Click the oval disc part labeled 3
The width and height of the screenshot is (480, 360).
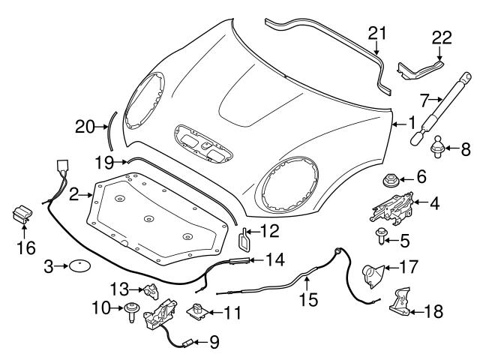(79, 265)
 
